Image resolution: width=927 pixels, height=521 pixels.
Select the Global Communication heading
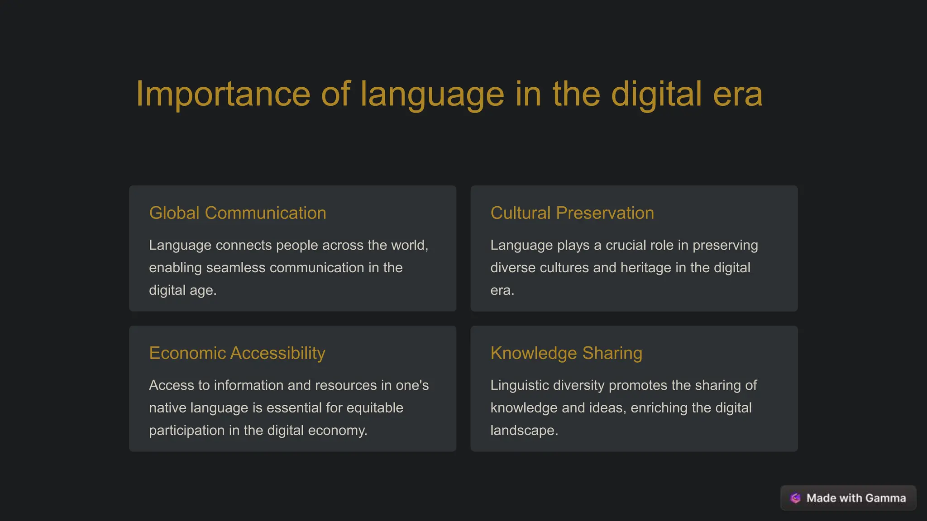(x=238, y=213)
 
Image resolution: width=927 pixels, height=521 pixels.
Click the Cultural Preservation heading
(x=572, y=213)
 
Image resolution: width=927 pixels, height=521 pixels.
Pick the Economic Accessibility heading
(x=237, y=353)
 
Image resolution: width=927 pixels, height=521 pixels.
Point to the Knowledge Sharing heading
(x=566, y=353)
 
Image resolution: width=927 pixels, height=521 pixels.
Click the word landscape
(x=524, y=431)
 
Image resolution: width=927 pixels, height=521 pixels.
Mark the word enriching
(x=659, y=408)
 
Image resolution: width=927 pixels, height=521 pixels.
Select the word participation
(x=186, y=431)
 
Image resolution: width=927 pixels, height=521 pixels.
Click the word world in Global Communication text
(x=409, y=245)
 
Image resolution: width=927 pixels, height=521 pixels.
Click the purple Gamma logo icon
(x=795, y=498)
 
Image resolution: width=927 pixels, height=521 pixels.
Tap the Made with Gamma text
(x=856, y=498)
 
